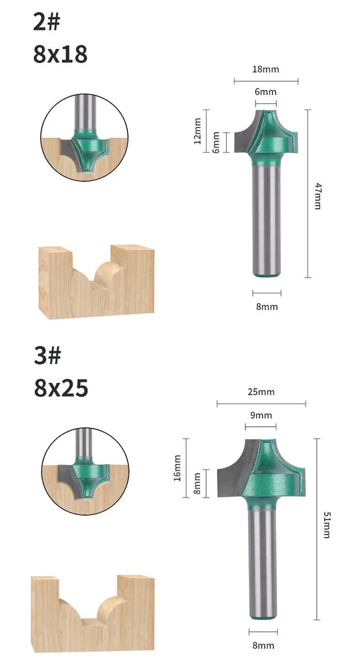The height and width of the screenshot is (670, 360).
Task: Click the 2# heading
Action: coord(46,22)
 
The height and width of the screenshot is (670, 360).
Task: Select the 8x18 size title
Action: coord(60,54)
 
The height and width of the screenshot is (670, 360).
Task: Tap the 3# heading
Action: coord(47,355)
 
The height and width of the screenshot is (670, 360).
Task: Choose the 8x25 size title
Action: coord(61,388)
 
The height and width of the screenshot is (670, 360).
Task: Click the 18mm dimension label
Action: coord(266,69)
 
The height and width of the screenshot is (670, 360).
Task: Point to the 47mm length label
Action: coord(318,196)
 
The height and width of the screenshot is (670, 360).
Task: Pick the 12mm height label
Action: coord(197,131)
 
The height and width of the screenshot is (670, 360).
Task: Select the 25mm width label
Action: coord(261,392)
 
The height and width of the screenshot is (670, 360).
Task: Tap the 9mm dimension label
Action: coord(261,415)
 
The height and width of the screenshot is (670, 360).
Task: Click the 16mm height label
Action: coord(177,468)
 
